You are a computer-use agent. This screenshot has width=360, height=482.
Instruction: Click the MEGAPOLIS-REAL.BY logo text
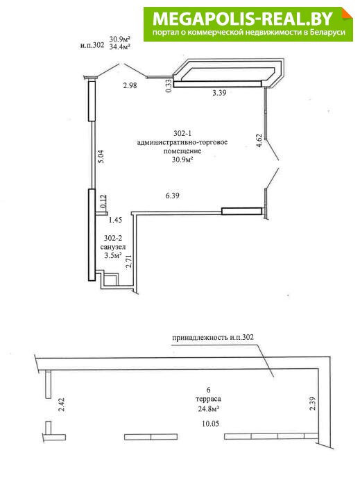(x=243, y=19)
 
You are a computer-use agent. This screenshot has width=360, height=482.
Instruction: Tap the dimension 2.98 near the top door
(x=130, y=85)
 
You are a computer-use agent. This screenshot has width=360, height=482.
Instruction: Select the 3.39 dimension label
(x=219, y=92)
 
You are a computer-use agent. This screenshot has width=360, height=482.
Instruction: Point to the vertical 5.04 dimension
(x=101, y=156)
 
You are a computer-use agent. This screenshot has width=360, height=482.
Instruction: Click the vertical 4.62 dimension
(x=259, y=141)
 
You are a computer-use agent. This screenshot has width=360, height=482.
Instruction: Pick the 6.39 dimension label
(x=172, y=196)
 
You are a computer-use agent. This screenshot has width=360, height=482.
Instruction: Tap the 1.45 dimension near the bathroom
(x=115, y=220)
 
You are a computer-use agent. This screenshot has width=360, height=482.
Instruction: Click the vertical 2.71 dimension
(x=129, y=260)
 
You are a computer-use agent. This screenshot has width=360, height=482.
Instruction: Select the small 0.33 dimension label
(x=169, y=86)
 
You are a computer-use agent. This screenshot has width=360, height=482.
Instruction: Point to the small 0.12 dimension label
(x=103, y=201)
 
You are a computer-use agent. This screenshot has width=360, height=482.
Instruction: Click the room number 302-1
(x=182, y=133)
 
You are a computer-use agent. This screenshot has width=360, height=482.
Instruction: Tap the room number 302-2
(x=113, y=238)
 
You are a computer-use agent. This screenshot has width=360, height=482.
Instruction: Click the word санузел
(x=113, y=247)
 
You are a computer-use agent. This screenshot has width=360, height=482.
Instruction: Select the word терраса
(x=208, y=399)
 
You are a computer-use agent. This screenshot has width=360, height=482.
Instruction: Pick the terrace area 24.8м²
(x=208, y=408)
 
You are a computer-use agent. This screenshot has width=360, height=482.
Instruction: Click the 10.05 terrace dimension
(x=211, y=424)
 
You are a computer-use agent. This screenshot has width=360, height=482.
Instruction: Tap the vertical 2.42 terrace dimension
(x=62, y=404)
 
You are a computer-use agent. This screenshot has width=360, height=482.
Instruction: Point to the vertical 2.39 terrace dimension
(x=311, y=404)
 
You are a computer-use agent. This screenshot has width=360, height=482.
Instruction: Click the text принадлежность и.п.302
(x=213, y=337)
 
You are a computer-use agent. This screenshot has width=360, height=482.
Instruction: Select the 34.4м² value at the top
(x=120, y=46)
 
